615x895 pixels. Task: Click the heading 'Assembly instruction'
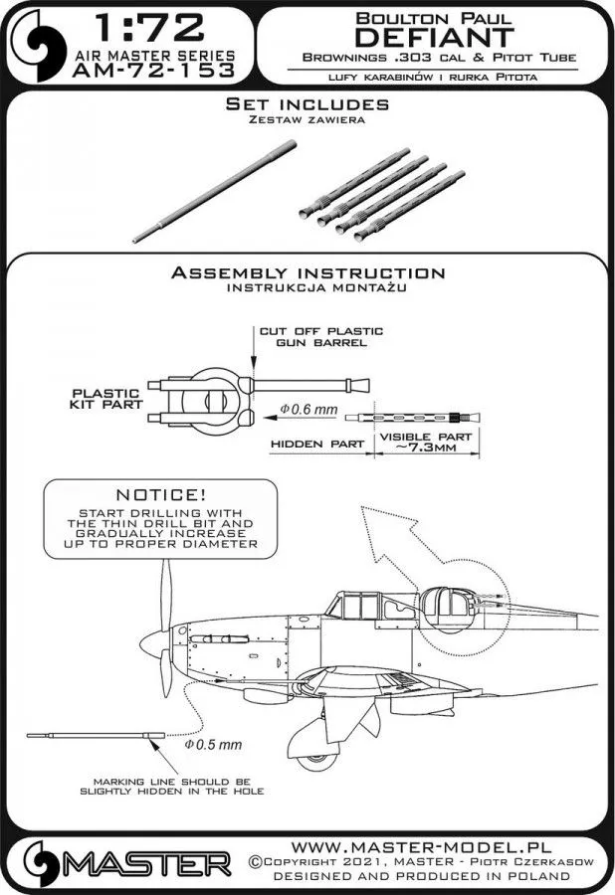[x=307, y=272]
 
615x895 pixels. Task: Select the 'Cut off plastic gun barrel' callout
[x=307, y=337]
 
